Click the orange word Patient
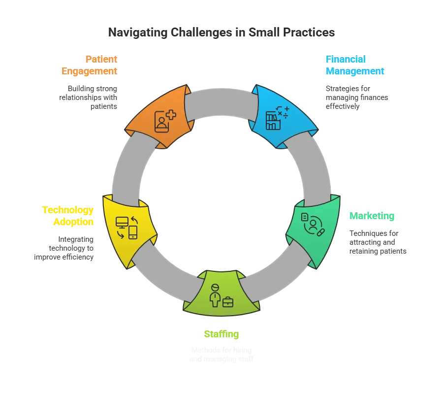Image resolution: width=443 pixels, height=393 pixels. [101, 59]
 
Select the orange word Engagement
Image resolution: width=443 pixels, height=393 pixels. [89, 71]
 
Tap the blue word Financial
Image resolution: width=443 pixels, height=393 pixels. [345, 59]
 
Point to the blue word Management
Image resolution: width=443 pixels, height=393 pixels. [354, 71]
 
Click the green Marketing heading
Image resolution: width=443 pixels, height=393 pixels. [372, 216]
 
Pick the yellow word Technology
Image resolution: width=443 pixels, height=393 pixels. [67, 210]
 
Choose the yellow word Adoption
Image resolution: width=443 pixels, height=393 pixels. [73, 222]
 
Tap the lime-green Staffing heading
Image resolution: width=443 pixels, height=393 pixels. [221, 335]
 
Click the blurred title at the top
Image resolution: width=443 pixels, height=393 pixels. [221, 33]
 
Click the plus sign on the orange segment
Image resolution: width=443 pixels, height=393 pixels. [171, 115]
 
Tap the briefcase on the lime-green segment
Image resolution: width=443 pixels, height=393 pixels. [228, 302]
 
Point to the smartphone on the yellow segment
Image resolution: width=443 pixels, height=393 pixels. [133, 232]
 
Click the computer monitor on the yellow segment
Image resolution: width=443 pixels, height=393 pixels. [122, 222]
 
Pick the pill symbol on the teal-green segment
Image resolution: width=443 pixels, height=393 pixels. [321, 231]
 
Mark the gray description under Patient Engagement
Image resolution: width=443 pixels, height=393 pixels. [89, 97]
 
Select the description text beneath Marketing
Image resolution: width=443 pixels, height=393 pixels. [377, 242]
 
